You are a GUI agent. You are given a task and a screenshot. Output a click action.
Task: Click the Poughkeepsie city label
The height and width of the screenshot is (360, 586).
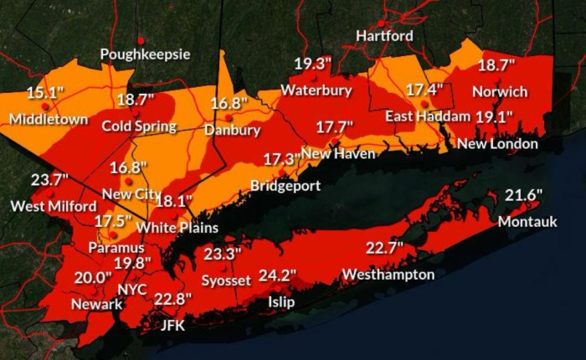pos(145,54)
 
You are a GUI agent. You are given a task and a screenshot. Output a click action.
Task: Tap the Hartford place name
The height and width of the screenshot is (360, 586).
pos(384,36)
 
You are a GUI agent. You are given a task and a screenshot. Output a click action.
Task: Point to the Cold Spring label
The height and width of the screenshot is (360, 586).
pos(138,126)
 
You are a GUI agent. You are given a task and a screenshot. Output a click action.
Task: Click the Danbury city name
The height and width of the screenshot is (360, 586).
pos(232,131)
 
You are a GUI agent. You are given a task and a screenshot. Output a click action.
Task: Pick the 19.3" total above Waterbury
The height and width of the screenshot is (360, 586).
pos(312,64)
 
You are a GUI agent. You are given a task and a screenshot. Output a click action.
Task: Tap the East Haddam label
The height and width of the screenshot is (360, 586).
pos(427,116)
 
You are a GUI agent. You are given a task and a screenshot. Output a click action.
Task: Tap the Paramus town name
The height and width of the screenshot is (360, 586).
pos(117,248)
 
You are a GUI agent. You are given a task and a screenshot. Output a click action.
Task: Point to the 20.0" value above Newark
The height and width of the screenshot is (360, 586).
pos(93,278)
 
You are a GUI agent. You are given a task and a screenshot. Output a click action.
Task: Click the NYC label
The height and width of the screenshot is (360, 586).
pos(132,289)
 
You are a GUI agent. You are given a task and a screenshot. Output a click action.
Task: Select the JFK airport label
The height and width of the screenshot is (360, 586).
pos(172,326)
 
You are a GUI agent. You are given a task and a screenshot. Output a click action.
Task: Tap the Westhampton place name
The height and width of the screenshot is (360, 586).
pos(388,275)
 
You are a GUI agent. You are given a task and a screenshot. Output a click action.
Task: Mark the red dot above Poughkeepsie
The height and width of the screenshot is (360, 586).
pos(141,39)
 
